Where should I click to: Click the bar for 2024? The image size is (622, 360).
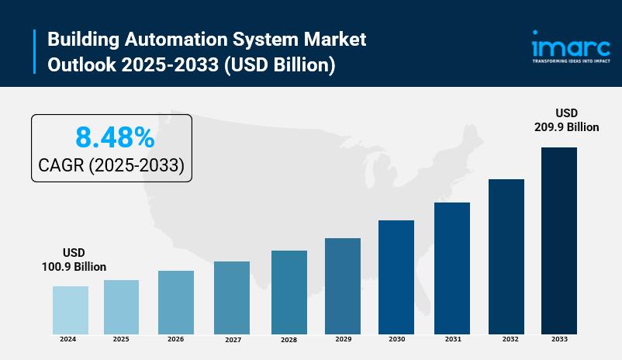pos(71,310)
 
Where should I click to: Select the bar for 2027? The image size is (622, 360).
pos(232,297)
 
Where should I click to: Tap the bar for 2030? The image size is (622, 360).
pos(396,276)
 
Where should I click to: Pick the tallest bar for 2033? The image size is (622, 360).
pos(559,240)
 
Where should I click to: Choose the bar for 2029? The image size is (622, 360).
pos(343,286)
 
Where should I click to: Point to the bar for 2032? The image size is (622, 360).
pos(506,256)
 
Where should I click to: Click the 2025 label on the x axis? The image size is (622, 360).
pos(121,339)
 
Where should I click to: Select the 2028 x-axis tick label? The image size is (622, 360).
pos(289,340)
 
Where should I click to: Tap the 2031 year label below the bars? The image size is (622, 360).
pos(452,339)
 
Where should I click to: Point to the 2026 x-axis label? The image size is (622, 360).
pos(176,339)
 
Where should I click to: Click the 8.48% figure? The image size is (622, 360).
pos(115,138)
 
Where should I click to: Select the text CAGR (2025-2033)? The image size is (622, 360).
pos(111,166)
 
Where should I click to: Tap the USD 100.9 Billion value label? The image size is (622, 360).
pos(74,260)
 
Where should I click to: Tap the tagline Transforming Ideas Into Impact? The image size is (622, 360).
pos(570,61)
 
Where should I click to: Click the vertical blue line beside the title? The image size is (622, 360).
pos(35,52)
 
